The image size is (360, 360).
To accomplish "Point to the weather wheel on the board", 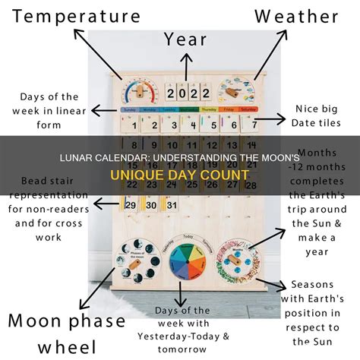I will click(x=236, y=94).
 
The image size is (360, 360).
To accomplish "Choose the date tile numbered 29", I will click(x=131, y=204).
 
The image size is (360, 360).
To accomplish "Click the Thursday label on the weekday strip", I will click(x=207, y=110).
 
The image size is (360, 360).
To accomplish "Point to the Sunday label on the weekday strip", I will click(x=131, y=110).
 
